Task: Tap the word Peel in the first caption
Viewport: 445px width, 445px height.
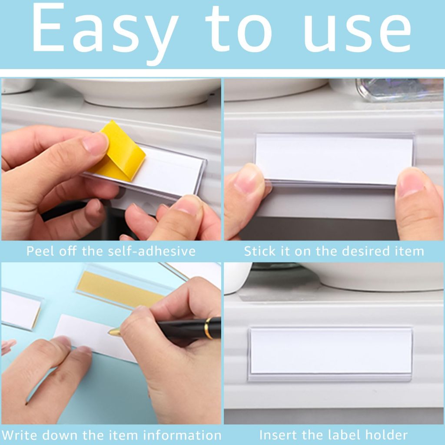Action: point(40,252)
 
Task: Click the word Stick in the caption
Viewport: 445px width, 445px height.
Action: point(260,252)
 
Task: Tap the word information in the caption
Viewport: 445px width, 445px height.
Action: point(182,435)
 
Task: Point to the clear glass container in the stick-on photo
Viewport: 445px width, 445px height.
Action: point(400,90)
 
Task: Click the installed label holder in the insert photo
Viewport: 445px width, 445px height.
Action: point(330,354)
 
